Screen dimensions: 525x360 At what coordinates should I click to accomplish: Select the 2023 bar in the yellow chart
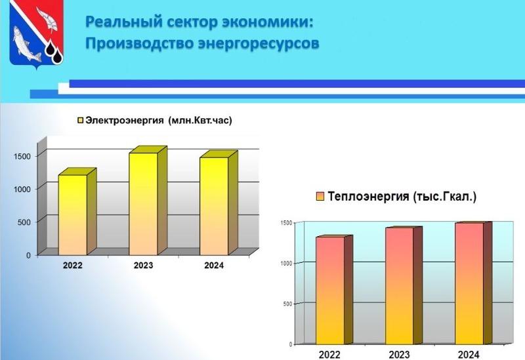148,201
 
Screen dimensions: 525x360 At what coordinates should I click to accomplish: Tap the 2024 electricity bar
219,203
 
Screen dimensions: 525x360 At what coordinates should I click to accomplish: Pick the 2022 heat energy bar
334,290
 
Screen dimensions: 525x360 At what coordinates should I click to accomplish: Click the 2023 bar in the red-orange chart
404,285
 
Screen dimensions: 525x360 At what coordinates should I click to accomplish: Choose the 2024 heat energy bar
473,283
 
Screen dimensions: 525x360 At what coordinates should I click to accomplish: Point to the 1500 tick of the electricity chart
22,156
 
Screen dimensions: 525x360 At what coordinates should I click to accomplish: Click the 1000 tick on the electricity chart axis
22,189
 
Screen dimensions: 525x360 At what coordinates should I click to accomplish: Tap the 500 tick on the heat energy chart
288,304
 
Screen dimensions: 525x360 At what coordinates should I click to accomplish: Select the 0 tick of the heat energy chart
291,345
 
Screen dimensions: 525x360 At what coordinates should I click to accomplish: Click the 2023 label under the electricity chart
143,266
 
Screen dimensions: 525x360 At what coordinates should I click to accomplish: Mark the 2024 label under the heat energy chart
469,355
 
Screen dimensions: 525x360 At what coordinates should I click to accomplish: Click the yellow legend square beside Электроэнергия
80,121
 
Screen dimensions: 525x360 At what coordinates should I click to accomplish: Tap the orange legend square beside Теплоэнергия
320,197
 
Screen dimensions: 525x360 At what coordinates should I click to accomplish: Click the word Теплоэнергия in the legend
368,197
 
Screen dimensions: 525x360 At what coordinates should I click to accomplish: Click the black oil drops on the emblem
54,52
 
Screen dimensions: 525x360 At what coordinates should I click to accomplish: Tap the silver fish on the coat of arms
26,43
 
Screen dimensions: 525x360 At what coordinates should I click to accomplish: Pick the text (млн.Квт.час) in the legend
200,121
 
